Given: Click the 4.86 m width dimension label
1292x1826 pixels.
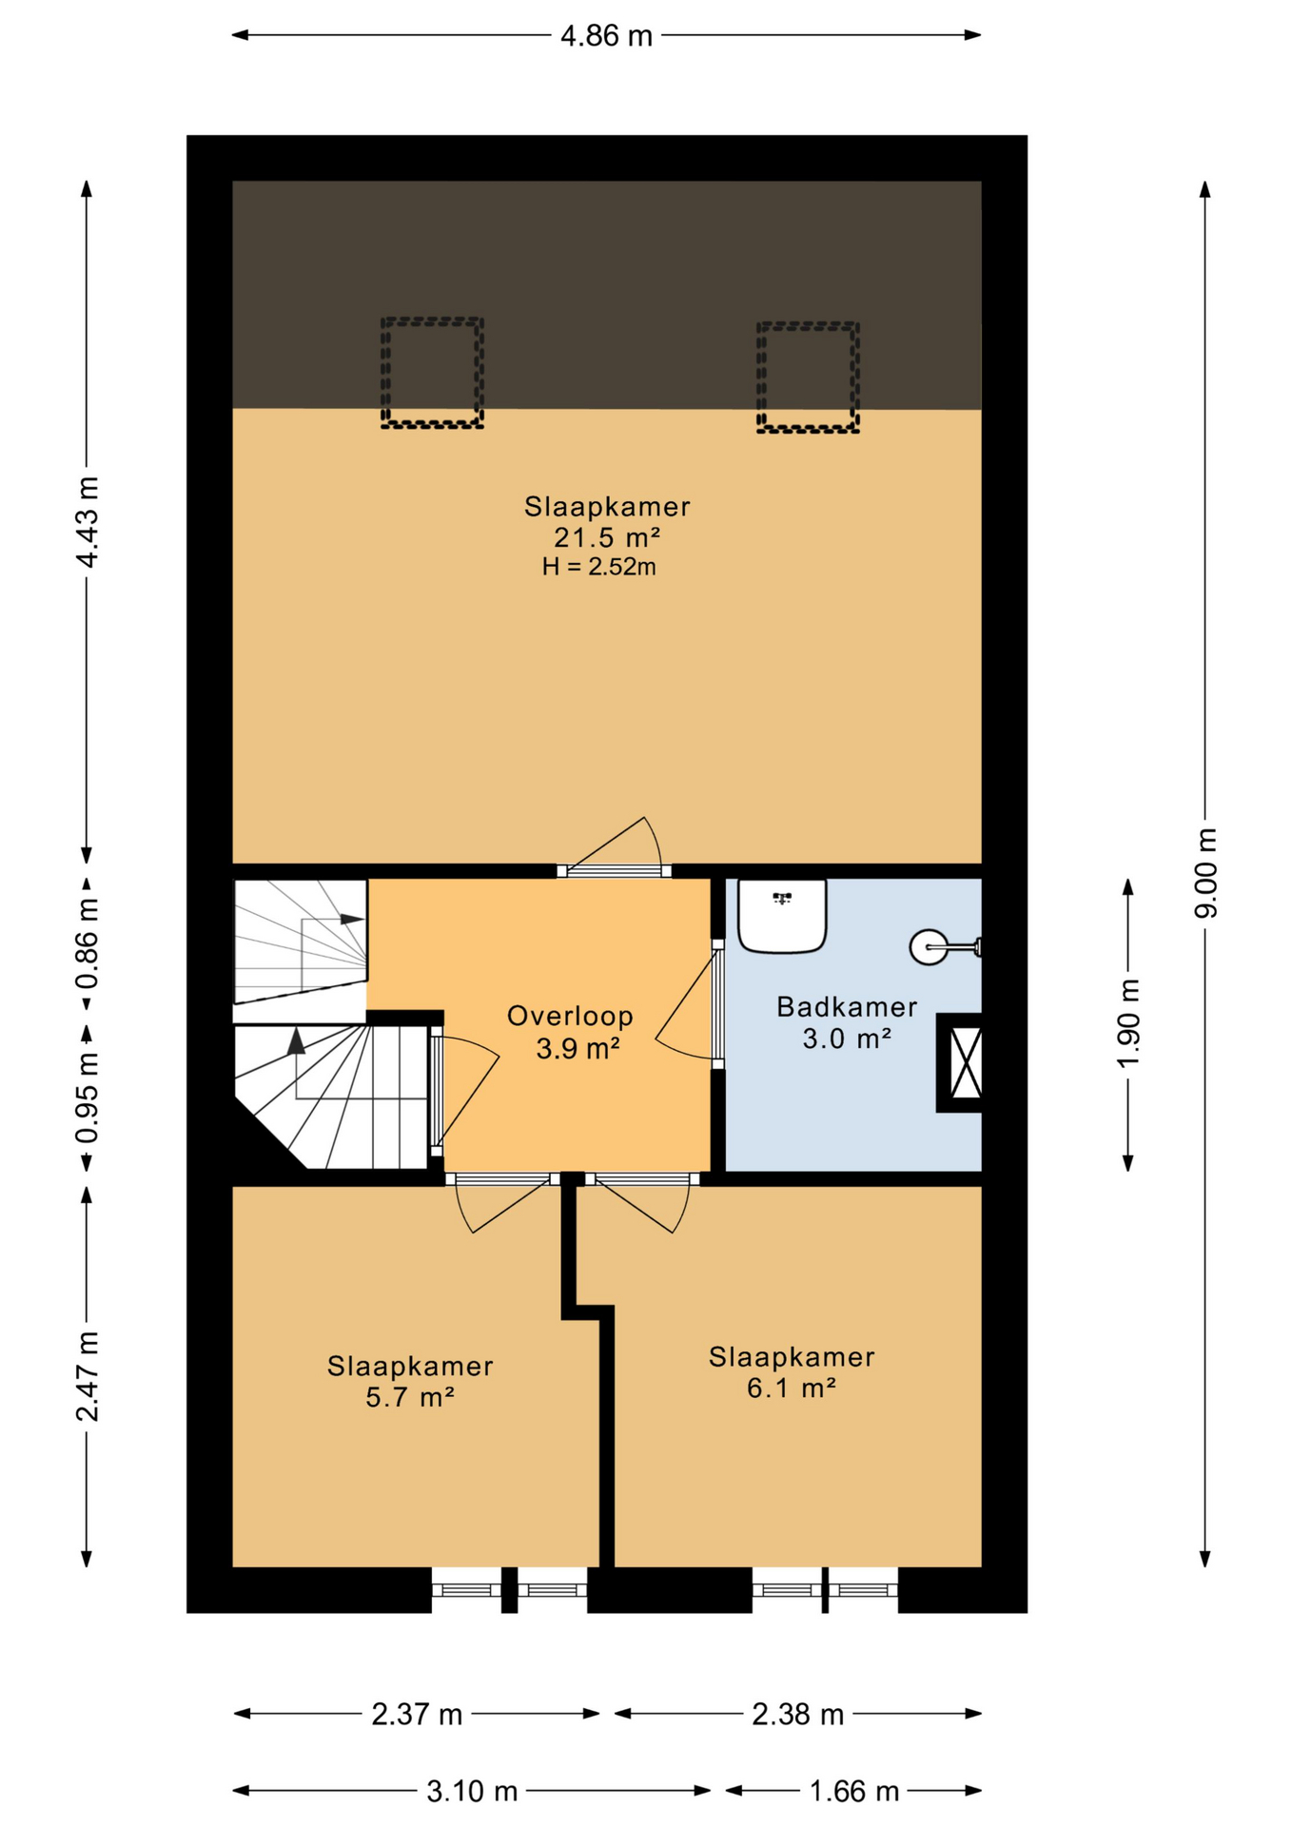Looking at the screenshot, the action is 606,36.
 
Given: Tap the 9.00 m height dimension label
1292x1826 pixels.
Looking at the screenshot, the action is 1205,872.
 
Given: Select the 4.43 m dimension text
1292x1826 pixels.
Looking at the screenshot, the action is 88,522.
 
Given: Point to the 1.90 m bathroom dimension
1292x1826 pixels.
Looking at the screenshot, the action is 1128,1023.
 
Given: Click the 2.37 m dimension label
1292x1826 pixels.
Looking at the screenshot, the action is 417,1715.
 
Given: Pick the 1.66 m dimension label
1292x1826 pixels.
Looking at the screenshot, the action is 853,1792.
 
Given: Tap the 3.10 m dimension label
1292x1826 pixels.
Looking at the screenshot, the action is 472,1792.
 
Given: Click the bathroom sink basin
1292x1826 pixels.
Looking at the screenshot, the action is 782,916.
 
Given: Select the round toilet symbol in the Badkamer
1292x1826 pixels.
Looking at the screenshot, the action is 930,946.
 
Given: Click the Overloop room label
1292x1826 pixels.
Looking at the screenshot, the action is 570,1016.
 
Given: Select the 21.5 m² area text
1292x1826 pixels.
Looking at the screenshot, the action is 607,537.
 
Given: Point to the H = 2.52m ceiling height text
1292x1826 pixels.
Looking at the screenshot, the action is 599,567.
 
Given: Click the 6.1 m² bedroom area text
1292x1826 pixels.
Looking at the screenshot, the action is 792,1388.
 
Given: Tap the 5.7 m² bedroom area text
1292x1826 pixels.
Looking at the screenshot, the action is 410,1397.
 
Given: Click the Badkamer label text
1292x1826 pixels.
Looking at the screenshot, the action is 847,1006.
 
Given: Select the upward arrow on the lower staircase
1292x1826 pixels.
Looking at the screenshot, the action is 296,1041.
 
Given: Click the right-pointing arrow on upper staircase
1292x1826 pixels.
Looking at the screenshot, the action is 352,920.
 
